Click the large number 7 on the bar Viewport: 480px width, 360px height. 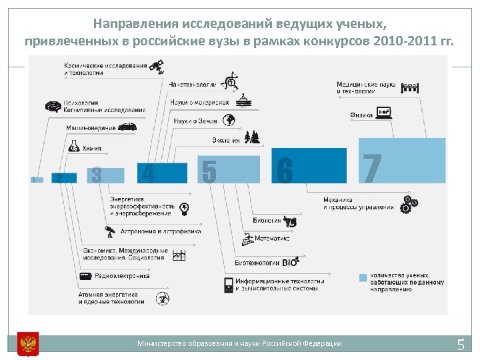tap(373, 168)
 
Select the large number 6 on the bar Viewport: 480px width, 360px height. tap(285, 171)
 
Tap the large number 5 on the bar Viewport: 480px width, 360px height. tap(209, 172)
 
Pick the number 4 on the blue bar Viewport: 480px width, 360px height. tap(148, 174)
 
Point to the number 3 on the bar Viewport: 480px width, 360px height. tap(97, 175)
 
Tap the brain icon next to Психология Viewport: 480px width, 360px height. tap(53, 107)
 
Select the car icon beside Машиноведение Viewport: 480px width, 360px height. tap(127, 127)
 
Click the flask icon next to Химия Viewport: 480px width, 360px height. tap(73, 146)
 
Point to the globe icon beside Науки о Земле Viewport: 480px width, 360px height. tap(229, 120)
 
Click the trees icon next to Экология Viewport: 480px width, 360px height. tap(251, 137)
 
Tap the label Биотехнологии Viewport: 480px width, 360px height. tap(257, 263)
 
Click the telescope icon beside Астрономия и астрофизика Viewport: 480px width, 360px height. tap(110, 231)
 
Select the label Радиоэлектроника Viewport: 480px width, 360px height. tap(122, 275)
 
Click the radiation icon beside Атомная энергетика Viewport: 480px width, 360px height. tap(161, 298)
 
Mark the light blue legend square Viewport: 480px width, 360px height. tap(363, 277)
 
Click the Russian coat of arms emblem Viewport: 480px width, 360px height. tap(28, 343)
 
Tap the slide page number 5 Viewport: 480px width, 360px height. tap(460, 345)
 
